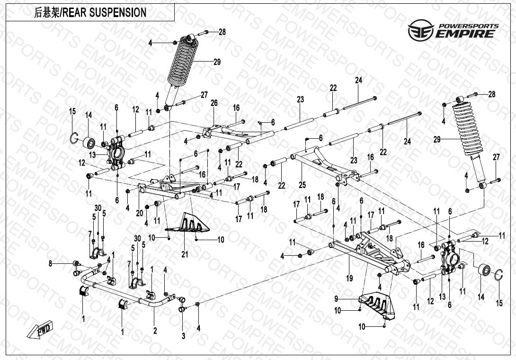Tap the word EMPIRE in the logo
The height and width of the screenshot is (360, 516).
pos(466,34)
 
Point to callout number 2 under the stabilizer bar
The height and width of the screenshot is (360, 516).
pos(155,331)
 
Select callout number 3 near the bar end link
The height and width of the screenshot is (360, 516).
pos(183,335)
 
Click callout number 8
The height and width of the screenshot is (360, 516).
pos(50,263)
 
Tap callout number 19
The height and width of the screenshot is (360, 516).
pos(349,279)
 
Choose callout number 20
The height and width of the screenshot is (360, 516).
pos(139,213)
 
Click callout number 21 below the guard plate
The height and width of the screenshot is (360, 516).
pos(185,254)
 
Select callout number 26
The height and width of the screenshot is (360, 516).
pos(214,103)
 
